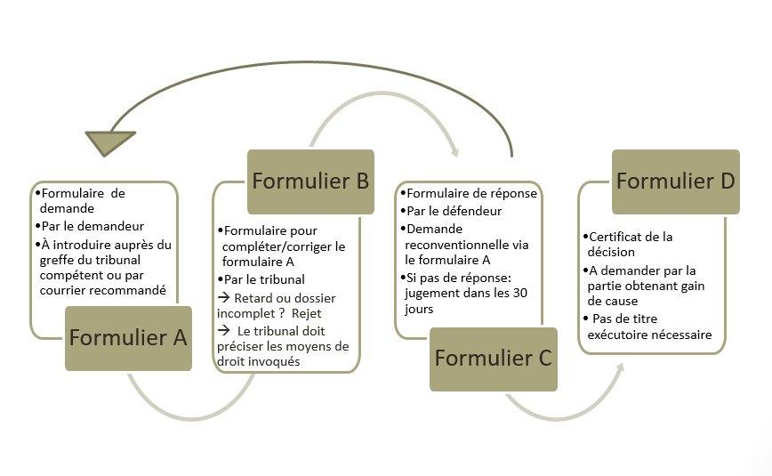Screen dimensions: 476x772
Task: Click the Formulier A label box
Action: pyautogui.click(x=129, y=338)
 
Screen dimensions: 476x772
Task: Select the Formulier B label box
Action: pyautogui.click(x=310, y=181)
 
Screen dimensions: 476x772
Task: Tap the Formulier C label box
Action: pyautogui.click(x=493, y=359)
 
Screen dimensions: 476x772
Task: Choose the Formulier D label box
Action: pyautogui.click(x=675, y=182)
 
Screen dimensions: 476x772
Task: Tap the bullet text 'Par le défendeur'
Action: pyautogui.click(x=454, y=211)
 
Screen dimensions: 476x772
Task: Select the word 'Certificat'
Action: pyautogui.click(x=620, y=237)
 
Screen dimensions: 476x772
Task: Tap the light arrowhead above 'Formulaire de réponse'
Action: pyautogui.click(x=456, y=150)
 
